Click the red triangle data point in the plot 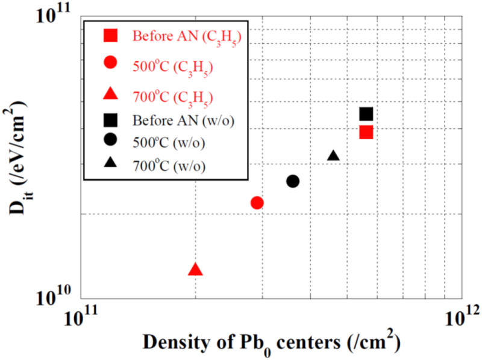tap(195, 270)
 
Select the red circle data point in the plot tap(257, 203)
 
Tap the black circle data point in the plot tap(293, 181)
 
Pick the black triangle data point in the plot tap(333, 156)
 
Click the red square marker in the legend tap(110, 36)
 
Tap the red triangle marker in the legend tap(110, 93)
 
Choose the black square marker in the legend tap(110, 119)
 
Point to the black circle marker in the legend tap(110, 140)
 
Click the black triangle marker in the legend tap(110, 161)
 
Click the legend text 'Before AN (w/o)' tap(184, 120)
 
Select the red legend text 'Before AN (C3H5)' tap(187, 37)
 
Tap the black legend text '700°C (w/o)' tap(169, 164)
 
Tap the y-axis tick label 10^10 tap(56, 295)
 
